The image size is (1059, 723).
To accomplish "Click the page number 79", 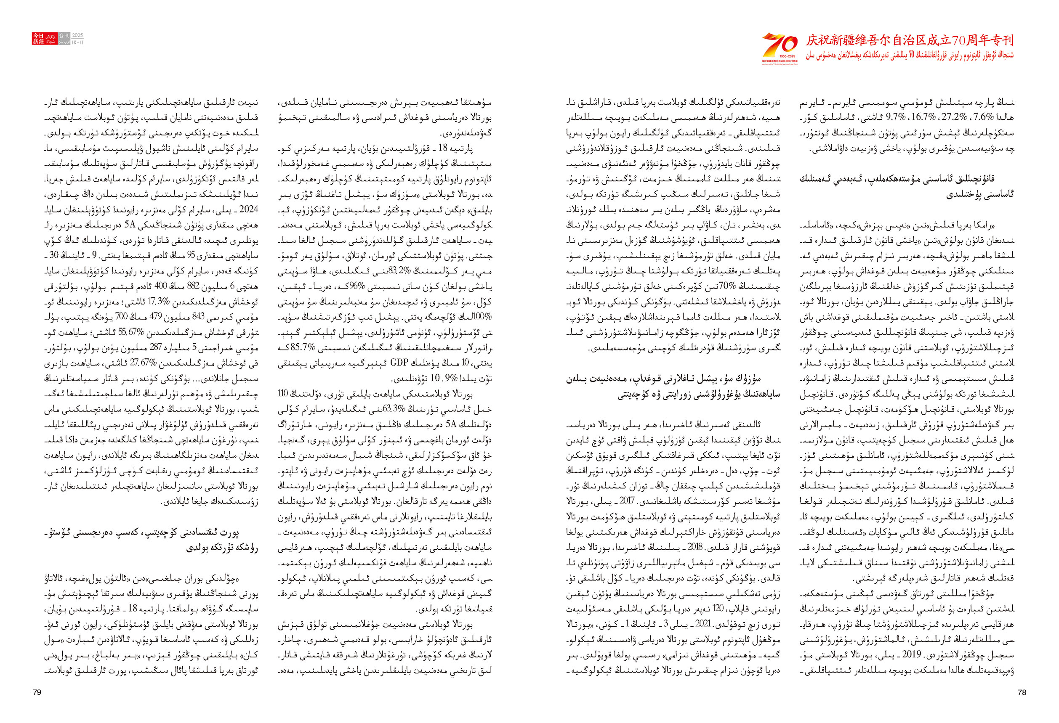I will click(37, 692).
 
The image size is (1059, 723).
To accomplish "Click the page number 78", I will click(1022, 692).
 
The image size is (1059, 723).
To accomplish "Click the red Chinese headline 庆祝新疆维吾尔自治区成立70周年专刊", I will click(910, 40).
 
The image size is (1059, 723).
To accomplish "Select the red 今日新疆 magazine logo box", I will click(44, 39).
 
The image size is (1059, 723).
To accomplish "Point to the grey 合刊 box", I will click(64, 35).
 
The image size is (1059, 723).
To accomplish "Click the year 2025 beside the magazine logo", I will click(78, 35).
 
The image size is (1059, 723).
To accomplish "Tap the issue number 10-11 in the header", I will click(78, 42).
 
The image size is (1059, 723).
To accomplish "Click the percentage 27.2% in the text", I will click(954, 117).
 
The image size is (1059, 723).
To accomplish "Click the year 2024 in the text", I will click(248, 209).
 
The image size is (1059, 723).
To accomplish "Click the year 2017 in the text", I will click(627, 501).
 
